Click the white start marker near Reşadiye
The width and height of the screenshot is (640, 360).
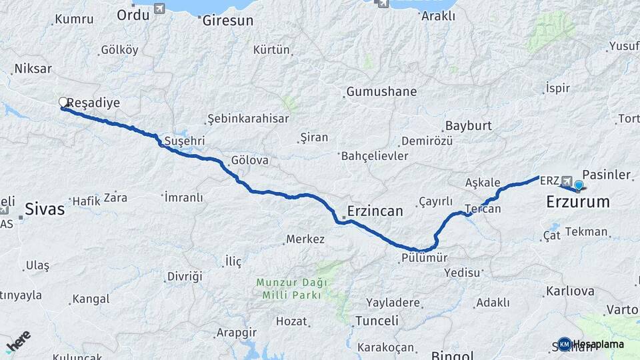click(x=63, y=102)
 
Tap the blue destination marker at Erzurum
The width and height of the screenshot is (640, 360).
click(x=579, y=185)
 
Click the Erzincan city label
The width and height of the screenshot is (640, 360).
click(x=375, y=211)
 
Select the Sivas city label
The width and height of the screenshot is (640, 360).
click(x=45, y=209)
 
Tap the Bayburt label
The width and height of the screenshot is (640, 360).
click(x=468, y=125)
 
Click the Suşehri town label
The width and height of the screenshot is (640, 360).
click(x=184, y=141)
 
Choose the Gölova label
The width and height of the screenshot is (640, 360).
click(x=249, y=161)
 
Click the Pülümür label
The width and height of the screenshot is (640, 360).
click(x=424, y=257)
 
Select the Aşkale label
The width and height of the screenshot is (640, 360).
click(x=483, y=183)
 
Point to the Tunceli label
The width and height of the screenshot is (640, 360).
click(x=377, y=321)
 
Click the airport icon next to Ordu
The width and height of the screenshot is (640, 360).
click(x=159, y=9)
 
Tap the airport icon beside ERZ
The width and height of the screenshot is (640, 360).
click(x=567, y=181)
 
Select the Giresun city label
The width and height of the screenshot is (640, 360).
click(x=227, y=21)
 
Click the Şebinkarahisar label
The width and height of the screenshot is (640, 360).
click(x=248, y=119)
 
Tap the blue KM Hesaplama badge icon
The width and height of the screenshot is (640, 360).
click(x=565, y=344)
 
